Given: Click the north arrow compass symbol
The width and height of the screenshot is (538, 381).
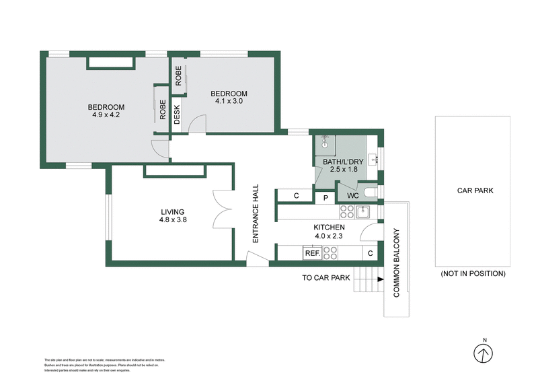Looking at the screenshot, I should pyautogui.click(x=482, y=353).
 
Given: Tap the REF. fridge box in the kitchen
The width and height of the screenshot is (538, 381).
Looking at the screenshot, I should pyautogui.click(x=312, y=253).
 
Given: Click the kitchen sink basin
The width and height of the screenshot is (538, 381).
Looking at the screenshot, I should pyautogui.click(x=362, y=212).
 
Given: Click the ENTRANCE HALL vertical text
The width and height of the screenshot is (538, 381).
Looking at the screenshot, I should pyautogui.click(x=256, y=213).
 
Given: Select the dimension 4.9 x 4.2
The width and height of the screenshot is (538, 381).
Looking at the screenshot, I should pyautogui.click(x=106, y=115).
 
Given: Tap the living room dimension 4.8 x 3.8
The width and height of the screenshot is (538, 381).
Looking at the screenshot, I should pyautogui.click(x=171, y=219).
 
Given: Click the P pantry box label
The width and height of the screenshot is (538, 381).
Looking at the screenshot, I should pyautogui.click(x=325, y=197).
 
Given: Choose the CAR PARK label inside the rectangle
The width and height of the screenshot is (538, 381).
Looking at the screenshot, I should pyautogui.click(x=475, y=190).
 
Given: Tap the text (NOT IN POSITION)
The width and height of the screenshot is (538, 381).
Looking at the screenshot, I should pyautogui.click(x=473, y=274).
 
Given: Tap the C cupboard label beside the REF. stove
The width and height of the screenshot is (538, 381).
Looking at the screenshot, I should pyautogui.click(x=369, y=253).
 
